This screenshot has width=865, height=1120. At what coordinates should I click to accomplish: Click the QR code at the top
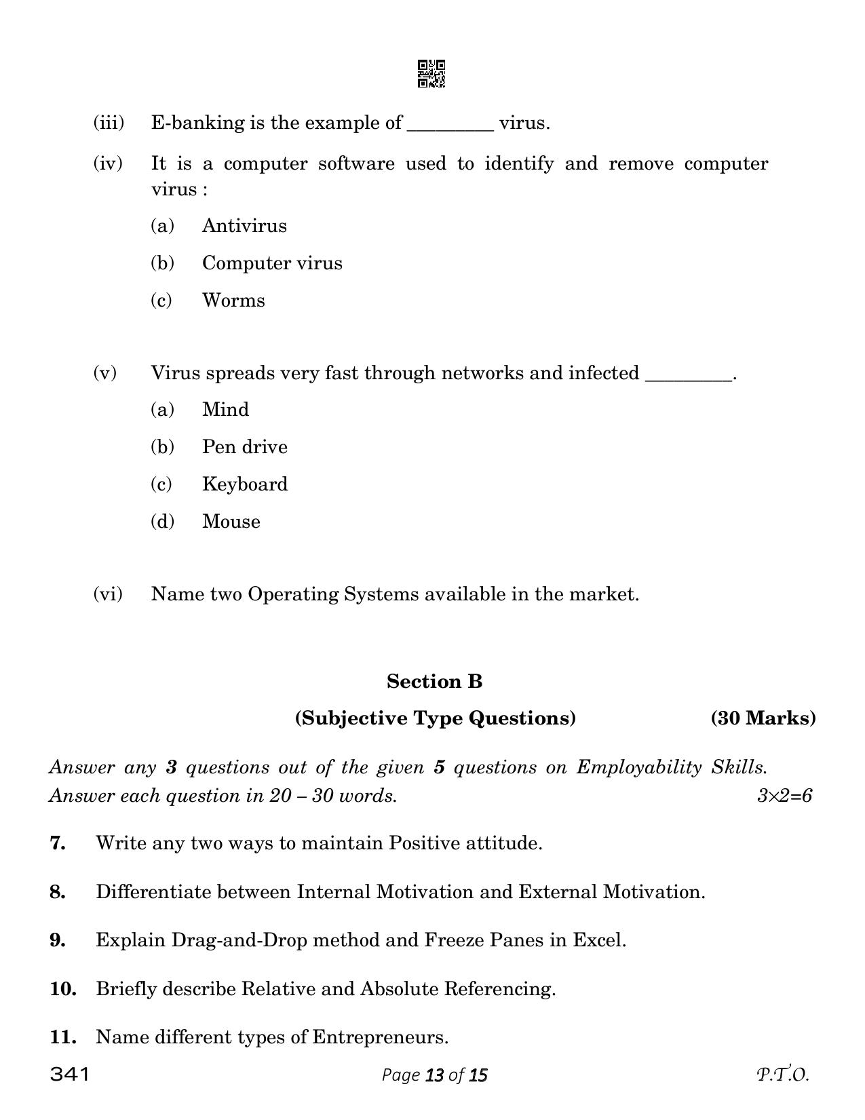[x=431, y=74]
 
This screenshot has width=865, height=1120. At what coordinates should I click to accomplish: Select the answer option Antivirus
[x=244, y=226]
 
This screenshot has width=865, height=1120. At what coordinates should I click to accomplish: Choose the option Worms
[x=233, y=301]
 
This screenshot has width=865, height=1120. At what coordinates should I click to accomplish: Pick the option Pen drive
[x=244, y=447]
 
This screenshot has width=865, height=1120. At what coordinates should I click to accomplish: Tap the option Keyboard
[x=244, y=484]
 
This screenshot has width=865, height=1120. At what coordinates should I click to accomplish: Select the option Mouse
[x=231, y=522]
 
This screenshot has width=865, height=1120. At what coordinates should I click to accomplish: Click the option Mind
[x=225, y=410]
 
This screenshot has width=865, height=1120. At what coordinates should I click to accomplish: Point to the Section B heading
[x=434, y=682]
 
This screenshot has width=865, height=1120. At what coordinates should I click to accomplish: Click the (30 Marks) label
[x=763, y=718]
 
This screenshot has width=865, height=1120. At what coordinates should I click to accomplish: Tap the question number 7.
[x=58, y=844]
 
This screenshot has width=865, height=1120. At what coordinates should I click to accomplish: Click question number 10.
[x=62, y=989]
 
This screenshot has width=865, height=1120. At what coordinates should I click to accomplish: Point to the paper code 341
[x=69, y=1075]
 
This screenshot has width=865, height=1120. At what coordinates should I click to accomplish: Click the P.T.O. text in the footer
[x=782, y=1075]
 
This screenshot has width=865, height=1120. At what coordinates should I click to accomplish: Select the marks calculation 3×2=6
[x=784, y=796]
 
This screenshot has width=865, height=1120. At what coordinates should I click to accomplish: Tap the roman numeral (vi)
[x=108, y=594]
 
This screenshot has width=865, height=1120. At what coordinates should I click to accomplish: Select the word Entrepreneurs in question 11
[x=379, y=1037]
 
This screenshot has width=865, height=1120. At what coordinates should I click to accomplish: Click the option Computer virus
[x=272, y=263]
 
